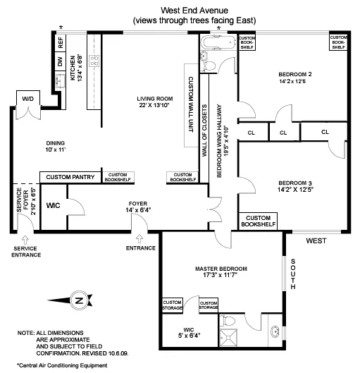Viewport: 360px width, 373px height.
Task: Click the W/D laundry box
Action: click(x=28, y=99)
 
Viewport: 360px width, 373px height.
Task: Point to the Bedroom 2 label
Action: click(x=294, y=78)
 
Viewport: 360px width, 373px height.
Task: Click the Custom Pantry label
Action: click(x=70, y=177)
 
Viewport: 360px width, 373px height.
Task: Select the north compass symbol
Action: click(x=82, y=300)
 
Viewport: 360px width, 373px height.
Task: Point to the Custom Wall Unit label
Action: click(x=189, y=106)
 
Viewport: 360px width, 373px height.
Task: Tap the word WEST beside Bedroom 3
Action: click(x=316, y=241)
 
